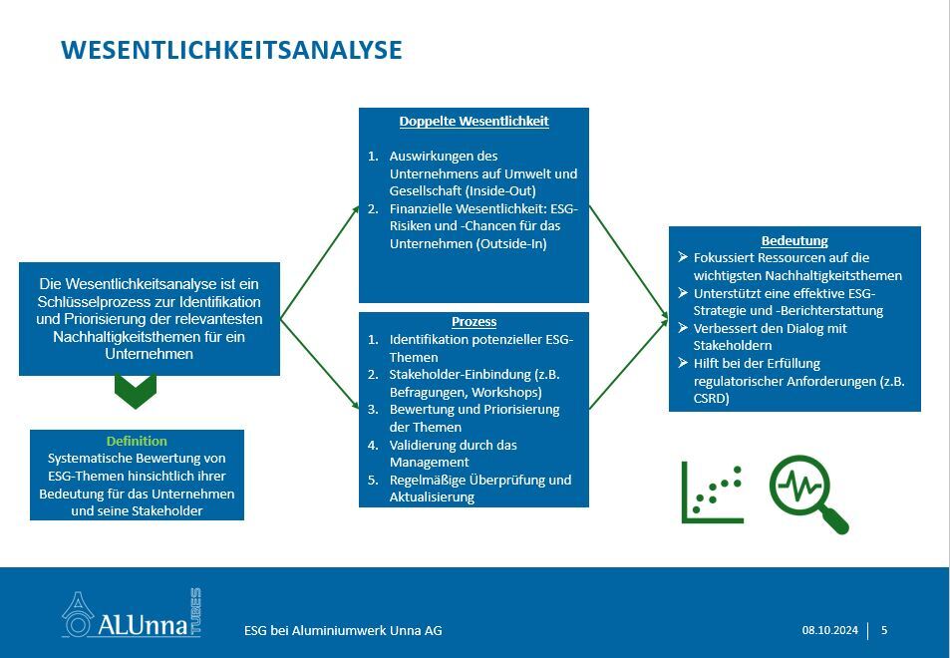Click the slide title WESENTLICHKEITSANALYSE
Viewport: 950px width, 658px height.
pyautogui.click(x=231, y=50)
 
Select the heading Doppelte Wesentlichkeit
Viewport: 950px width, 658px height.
pyautogui.click(x=474, y=122)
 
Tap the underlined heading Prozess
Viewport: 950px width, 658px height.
pyautogui.click(x=474, y=322)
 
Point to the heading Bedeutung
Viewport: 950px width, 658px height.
pyautogui.click(x=794, y=240)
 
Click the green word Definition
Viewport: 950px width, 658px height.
pyautogui.click(x=137, y=441)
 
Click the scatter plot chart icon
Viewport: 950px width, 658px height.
pyautogui.click(x=713, y=492)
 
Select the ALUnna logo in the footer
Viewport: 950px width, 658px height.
pyautogui.click(x=132, y=613)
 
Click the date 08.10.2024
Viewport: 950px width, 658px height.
pyautogui.click(x=830, y=630)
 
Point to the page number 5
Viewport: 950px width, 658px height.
pyautogui.click(x=884, y=630)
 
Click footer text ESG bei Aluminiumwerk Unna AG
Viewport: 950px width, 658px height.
pyautogui.click(x=343, y=631)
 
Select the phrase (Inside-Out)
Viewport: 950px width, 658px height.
pyautogui.click(x=501, y=191)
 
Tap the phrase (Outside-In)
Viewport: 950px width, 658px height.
pyautogui.click(x=511, y=244)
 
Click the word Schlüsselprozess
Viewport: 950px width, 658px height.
pyautogui.click(x=94, y=302)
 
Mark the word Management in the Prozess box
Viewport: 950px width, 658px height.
pyautogui.click(x=429, y=463)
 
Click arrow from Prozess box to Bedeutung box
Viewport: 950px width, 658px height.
pyautogui.click(x=628, y=363)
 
